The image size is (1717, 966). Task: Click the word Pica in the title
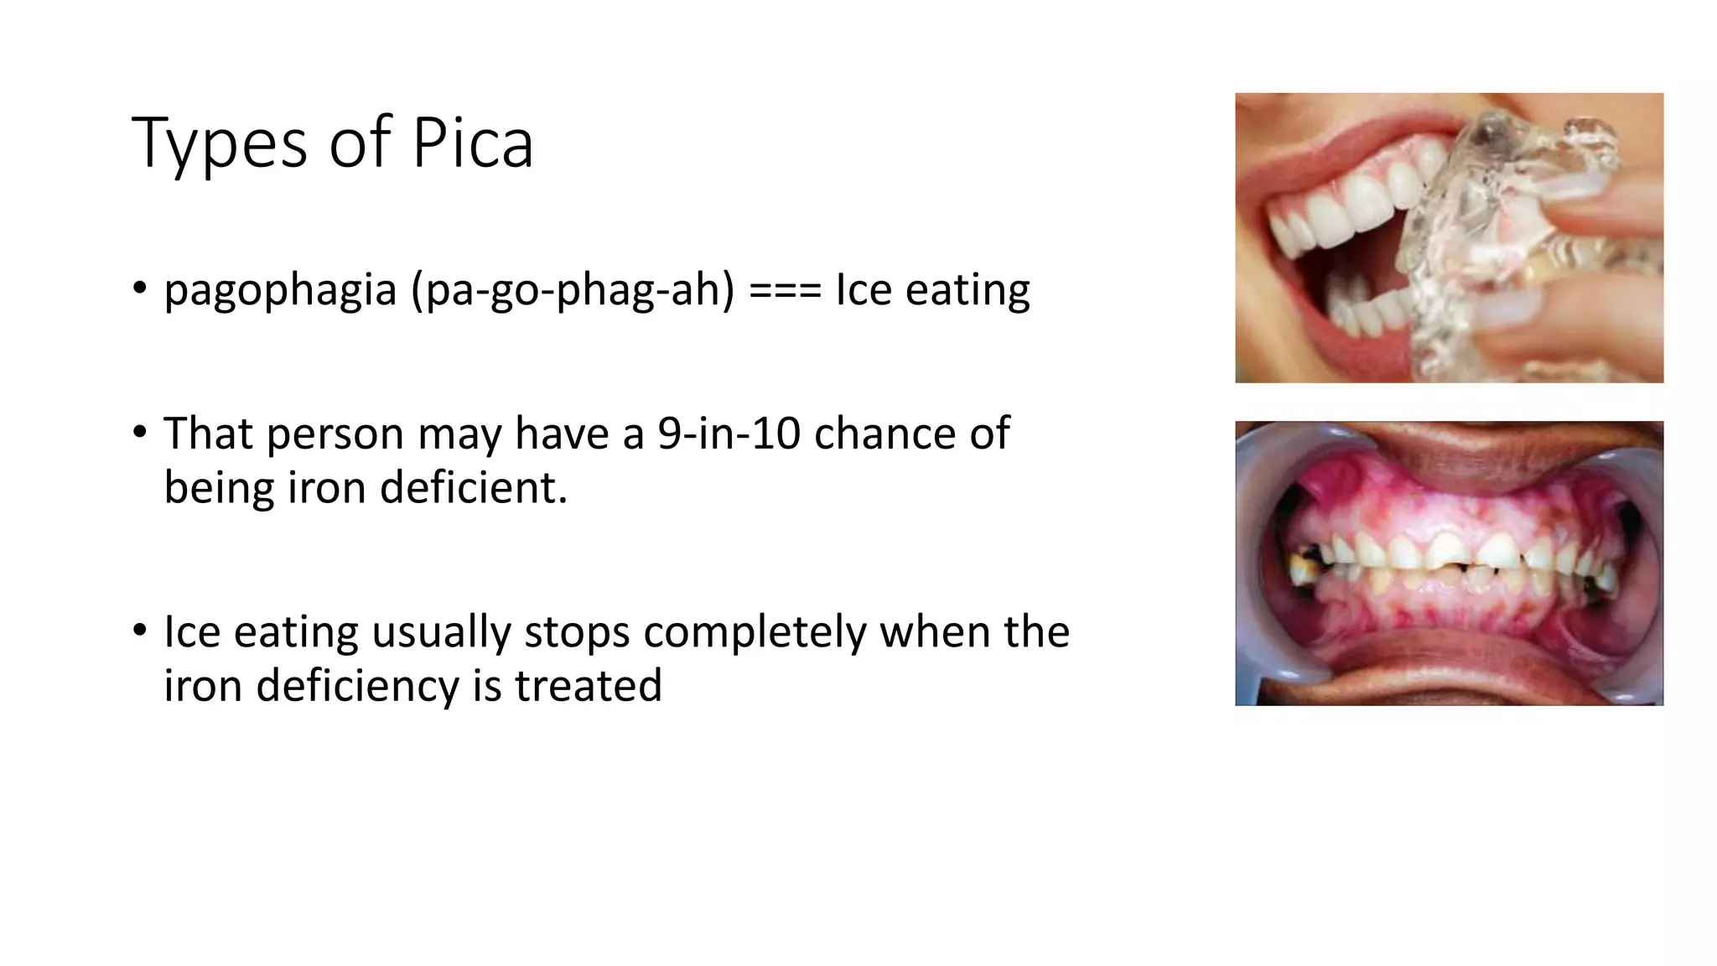(x=472, y=143)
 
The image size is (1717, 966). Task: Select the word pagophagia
(x=280, y=291)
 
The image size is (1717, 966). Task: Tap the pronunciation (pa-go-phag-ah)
(x=572, y=291)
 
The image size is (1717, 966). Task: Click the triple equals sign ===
(x=785, y=291)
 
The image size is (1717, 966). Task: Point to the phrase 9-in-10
(x=728, y=434)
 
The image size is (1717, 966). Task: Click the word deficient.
(x=474, y=487)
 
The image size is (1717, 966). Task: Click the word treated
(x=588, y=685)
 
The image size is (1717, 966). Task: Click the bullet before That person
(x=139, y=433)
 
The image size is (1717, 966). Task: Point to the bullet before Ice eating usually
(x=139, y=631)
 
